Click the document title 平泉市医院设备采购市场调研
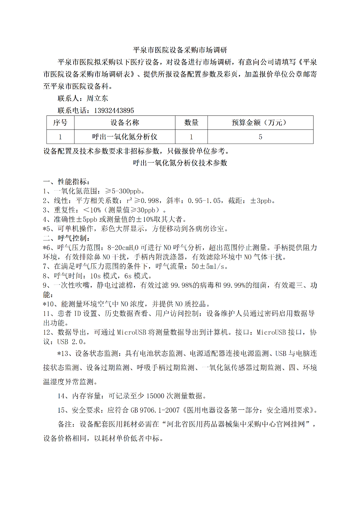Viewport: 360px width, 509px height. [180, 50]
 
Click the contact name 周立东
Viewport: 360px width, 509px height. [97, 98]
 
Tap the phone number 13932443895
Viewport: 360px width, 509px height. [114, 110]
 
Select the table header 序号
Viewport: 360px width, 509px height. [60, 122]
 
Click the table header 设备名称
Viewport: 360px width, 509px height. [125, 122]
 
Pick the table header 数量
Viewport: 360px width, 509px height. [191, 122]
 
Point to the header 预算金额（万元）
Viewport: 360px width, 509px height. [260, 122]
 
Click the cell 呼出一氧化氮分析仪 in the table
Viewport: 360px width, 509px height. [125, 137]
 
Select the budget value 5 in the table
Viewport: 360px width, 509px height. [260, 137]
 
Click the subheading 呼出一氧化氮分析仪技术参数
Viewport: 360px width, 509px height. [180, 163]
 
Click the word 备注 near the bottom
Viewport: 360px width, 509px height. [65, 424]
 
